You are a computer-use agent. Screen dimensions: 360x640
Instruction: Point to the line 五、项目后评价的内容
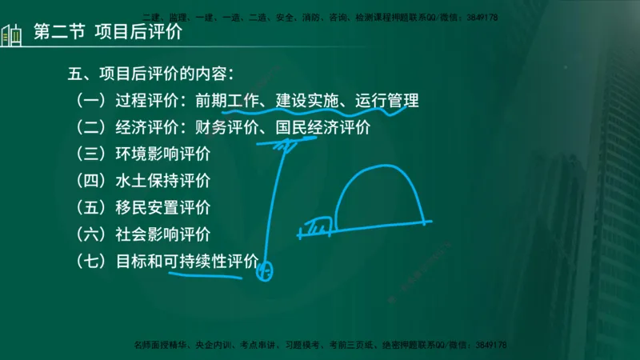(150, 75)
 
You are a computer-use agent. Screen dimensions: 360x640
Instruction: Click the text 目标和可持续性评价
(187, 261)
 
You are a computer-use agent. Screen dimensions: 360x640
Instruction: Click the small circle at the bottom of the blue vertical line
(264, 272)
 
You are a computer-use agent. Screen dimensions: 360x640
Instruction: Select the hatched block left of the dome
(319, 227)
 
